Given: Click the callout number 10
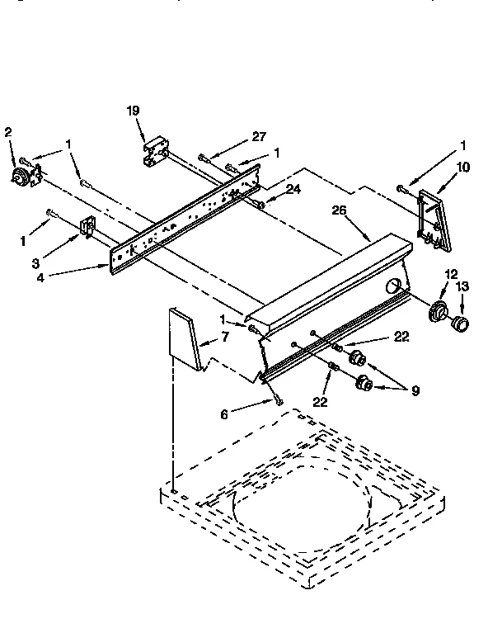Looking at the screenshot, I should click(x=462, y=168).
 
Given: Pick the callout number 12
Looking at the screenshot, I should click(x=450, y=274).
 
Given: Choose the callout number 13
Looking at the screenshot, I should click(x=462, y=286).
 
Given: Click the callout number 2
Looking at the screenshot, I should click(x=9, y=131).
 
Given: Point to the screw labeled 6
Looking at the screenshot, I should click(x=279, y=400).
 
